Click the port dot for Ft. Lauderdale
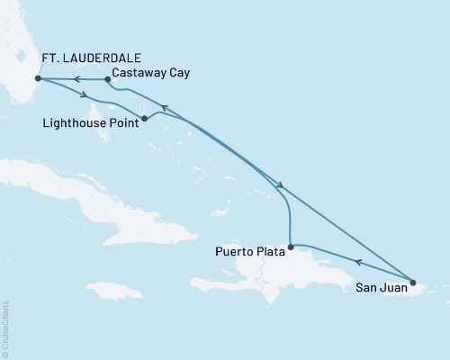coord(37,78)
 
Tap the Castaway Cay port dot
coord(107,79)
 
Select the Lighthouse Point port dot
coord(145,117)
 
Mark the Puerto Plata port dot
coord(290,246)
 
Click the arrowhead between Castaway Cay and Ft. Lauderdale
coord(76,79)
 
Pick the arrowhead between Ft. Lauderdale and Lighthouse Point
coord(84,96)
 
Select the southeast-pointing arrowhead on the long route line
coord(282,186)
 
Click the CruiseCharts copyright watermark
coord(5,328)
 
